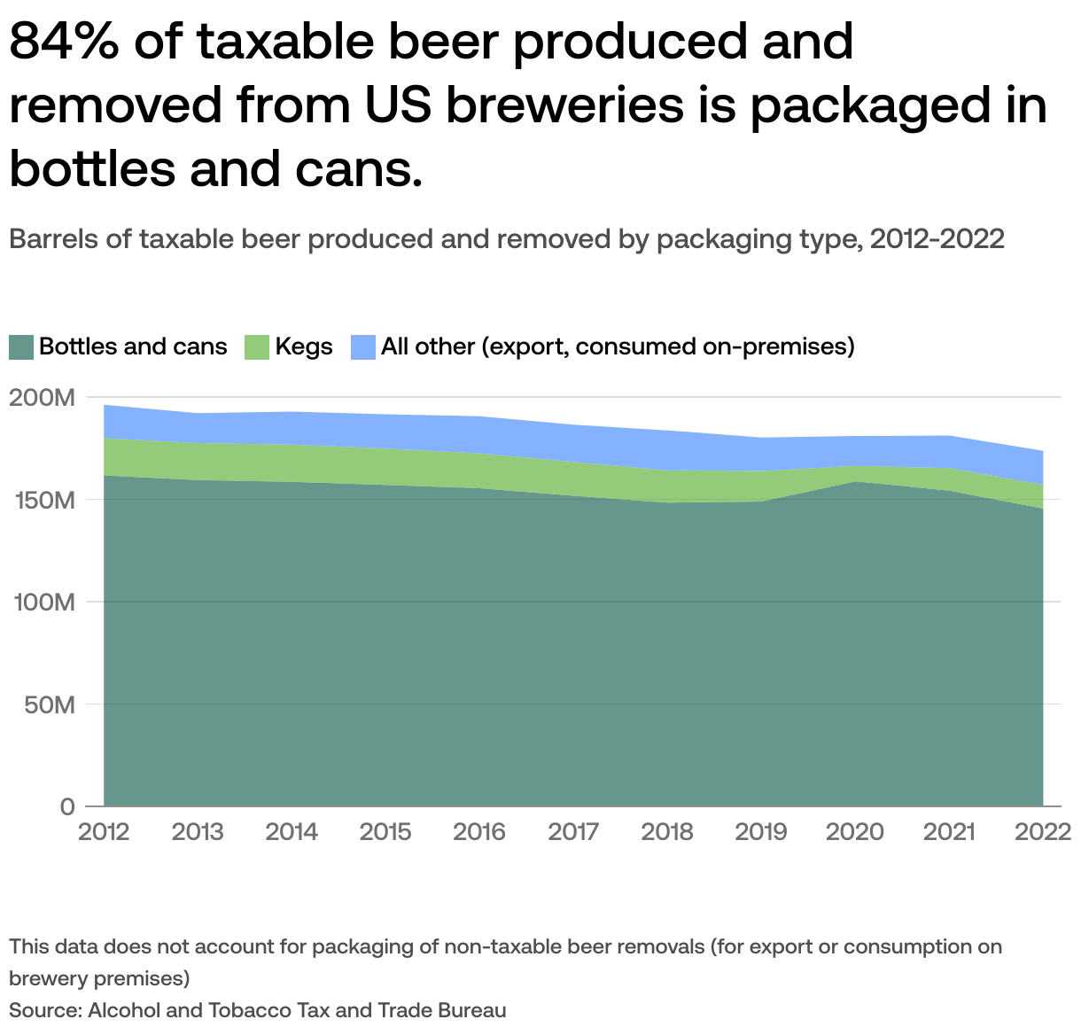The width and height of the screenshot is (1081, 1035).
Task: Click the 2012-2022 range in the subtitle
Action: click(x=937, y=239)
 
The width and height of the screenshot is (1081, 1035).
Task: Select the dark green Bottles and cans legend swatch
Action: click(x=21, y=346)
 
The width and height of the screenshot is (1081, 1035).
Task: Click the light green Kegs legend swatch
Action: click(x=257, y=346)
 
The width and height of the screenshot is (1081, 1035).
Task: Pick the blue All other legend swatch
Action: click(x=363, y=346)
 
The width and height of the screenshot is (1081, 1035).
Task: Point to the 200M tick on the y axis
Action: click(x=42, y=398)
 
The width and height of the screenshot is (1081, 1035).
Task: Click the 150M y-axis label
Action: click(x=42, y=500)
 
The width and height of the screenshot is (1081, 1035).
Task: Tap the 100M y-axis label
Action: click(x=42, y=603)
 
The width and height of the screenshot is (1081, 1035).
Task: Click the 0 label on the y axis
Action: click(x=68, y=806)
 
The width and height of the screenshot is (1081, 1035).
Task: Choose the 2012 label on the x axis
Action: click(x=104, y=832)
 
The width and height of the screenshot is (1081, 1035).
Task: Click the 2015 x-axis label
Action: click(x=385, y=832)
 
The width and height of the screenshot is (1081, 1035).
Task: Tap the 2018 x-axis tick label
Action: click(x=667, y=832)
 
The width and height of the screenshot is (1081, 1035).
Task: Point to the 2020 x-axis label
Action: click(x=855, y=832)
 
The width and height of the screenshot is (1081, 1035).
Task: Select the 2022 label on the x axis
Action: click(x=1042, y=832)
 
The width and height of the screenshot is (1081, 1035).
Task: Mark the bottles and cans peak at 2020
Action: click(x=855, y=482)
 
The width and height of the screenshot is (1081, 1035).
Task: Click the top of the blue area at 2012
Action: click(x=105, y=406)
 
